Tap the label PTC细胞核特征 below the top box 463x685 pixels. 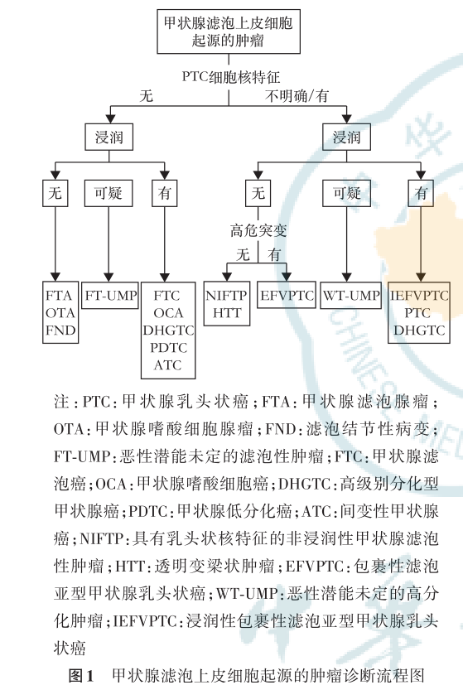coord(225,75)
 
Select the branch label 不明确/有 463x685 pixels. coord(296,96)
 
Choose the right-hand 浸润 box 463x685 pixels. coord(346,136)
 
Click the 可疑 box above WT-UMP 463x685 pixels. coord(346,194)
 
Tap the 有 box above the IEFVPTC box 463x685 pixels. coord(421,194)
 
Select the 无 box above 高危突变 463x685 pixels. coord(258,194)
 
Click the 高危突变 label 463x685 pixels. coord(258,231)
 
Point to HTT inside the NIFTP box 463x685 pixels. coord(226,313)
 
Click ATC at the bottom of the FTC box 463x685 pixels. coord(168,365)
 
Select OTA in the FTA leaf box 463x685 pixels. coord(59,313)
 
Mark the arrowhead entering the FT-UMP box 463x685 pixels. coord(110,279)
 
